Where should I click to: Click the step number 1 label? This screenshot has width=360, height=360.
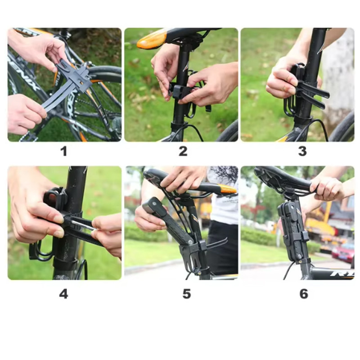(x=63, y=151)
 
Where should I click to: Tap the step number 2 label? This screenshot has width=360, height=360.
(x=183, y=151)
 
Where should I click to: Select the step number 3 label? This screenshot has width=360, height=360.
(x=302, y=151)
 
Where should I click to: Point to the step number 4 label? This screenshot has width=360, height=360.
(x=63, y=294)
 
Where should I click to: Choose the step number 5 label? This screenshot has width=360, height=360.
(x=187, y=294)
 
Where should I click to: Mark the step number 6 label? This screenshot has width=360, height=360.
(x=304, y=294)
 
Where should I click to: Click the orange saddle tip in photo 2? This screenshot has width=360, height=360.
(x=152, y=40)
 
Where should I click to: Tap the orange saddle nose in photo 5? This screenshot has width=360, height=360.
(x=227, y=189)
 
